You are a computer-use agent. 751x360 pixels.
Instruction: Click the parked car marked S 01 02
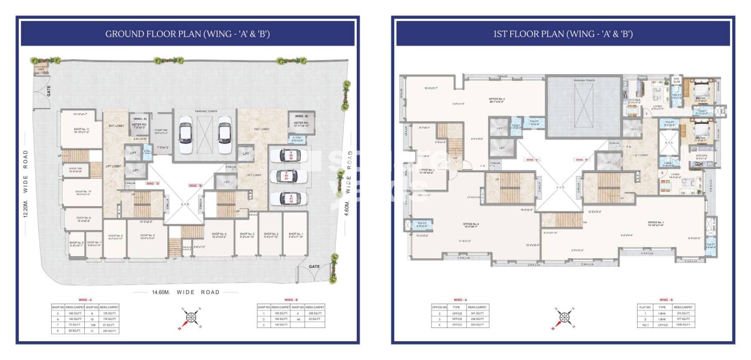[292, 199]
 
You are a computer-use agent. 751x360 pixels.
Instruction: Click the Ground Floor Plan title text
[187, 34]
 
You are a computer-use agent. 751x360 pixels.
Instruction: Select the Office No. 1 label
[655, 223]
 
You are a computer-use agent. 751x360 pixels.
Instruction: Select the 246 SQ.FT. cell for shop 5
[74, 313]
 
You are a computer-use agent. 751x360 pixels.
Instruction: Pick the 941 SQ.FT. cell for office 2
[477, 313]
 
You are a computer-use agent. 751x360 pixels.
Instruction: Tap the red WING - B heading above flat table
[666, 300]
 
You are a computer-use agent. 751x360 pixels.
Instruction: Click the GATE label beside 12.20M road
[49, 91]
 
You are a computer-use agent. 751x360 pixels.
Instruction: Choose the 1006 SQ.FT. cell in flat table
[683, 325]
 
